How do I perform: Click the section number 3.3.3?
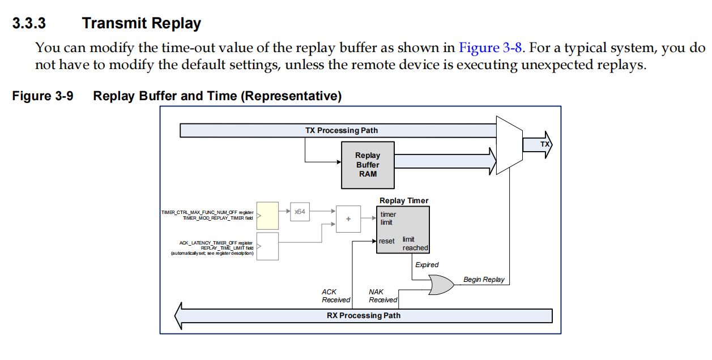pyautogui.click(x=29, y=24)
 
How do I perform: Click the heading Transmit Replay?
pyautogui.click(x=141, y=24)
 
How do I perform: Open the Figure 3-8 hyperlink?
pyautogui.click(x=490, y=48)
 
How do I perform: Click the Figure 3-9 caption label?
pyautogui.click(x=42, y=96)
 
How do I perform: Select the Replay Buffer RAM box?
pyautogui.click(x=368, y=165)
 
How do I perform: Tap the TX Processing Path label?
pyautogui.click(x=341, y=130)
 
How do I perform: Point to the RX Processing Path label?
pyautogui.click(x=363, y=315)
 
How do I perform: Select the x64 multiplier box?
pyautogui.click(x=299, y=211)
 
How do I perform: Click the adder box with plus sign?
pyautogui.click(x=348, y=219)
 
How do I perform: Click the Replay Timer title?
pyautogui.click(x=404, y=200)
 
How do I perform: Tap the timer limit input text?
pyautogui.click(x=388, y=218)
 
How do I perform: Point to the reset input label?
pyautogui.click(x=387, y=241)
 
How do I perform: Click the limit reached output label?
pyautogui.click(x=415, y=244)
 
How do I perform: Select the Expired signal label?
pyautogui.click(x=427, y=265)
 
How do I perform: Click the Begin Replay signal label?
pyautogui.click(x=484, y=280)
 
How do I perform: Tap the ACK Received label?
pyautogui.click(x=336, y=296)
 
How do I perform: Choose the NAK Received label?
pyautogui.click(x=383, y=296)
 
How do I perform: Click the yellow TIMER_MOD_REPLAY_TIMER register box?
pyautogui.click(x=267, y=215)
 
